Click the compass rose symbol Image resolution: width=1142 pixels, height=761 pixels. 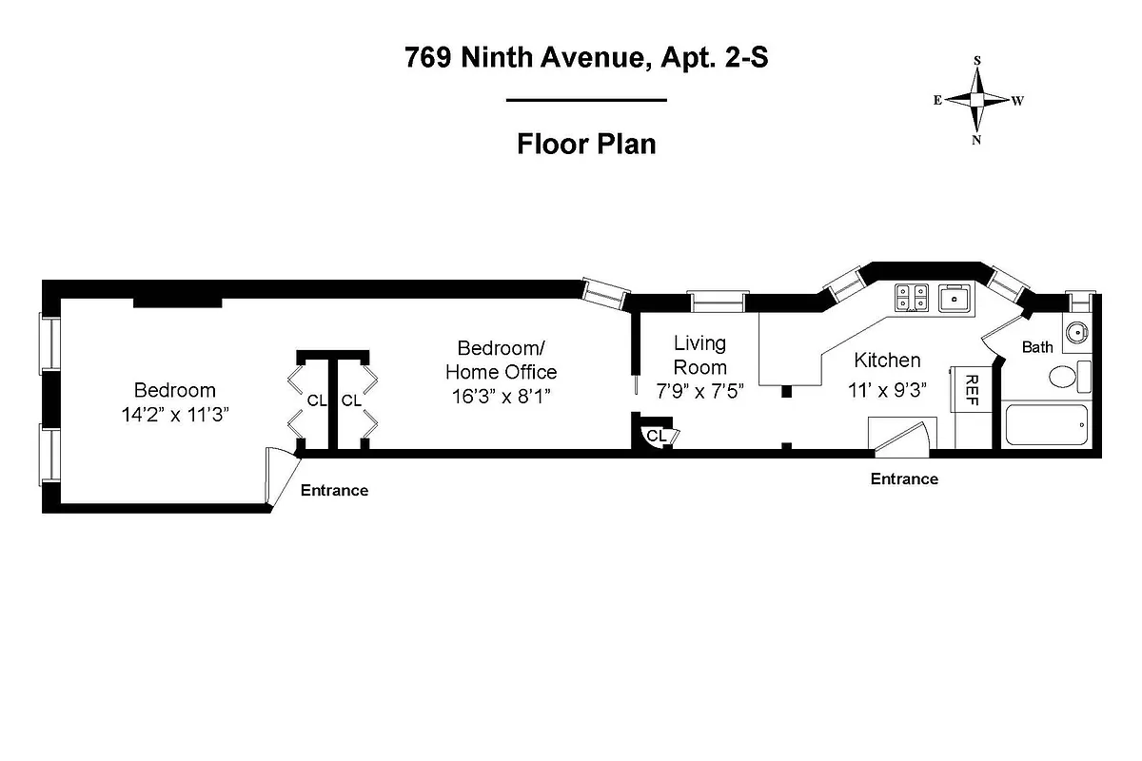(977, 100)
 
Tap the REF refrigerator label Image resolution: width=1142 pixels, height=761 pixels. (972, 390)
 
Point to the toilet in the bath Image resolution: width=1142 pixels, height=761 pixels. (1066, 378)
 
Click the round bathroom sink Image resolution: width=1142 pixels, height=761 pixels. (1076, 333)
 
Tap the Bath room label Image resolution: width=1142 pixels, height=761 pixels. (1037, 347)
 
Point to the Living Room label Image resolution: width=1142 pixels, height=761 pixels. (699, 355)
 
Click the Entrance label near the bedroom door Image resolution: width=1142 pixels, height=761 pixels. (334, 491)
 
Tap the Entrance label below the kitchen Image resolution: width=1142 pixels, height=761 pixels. (904, 479)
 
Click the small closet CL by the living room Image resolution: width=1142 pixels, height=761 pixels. (656, 436)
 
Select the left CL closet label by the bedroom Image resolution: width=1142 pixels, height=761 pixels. (316, 400)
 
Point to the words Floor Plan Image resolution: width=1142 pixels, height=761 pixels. (586, 145)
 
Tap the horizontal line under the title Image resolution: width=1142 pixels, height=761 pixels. (586, 100)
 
